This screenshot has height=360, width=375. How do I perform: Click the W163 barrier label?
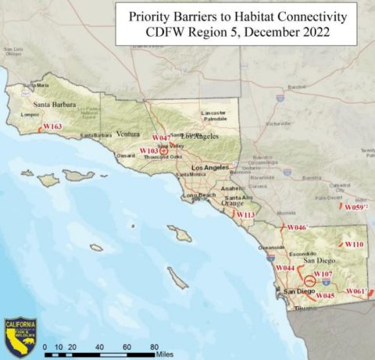click(52, 126)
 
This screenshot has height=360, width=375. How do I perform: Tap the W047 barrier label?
click(161, 137)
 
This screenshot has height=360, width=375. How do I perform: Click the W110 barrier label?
click(354, 244)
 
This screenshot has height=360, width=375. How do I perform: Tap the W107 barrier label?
click(323, 275)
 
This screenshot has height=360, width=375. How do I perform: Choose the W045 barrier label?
click(325, 296)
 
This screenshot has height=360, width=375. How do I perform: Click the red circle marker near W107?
click(309, 280)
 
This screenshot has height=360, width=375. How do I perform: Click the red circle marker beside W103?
click(163, 151)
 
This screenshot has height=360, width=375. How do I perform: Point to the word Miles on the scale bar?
click(163, 355)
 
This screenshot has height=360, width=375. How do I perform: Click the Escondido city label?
click(300, 255)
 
